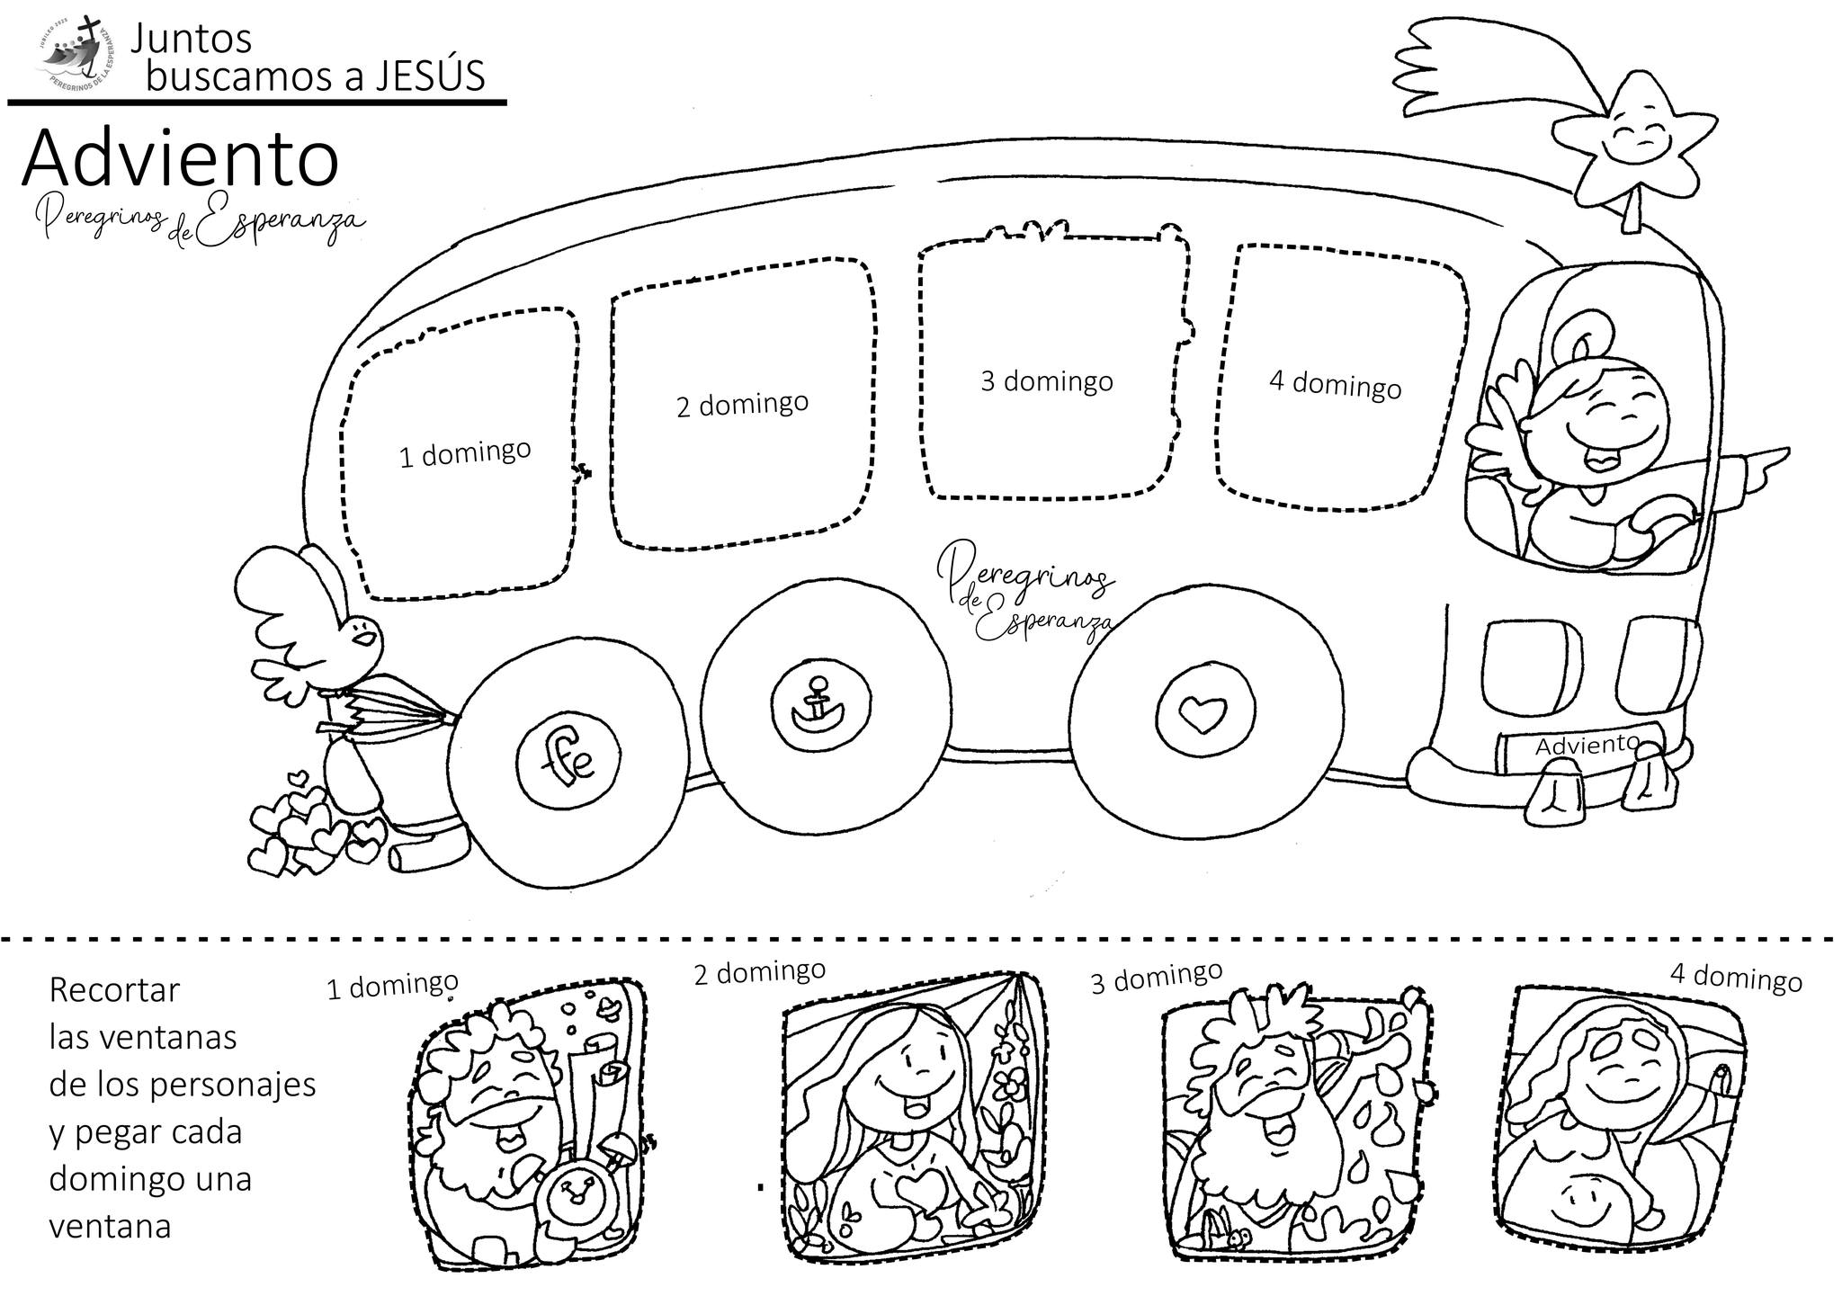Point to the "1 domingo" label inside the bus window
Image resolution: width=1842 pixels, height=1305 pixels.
(465, 453)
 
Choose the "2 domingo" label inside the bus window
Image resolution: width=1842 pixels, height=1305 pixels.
(742, 405)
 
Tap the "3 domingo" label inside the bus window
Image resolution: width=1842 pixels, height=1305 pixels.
(1046, 381)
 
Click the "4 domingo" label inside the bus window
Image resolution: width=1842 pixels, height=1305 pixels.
(1335, 384)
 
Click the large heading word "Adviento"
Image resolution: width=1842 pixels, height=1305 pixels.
(180, 160)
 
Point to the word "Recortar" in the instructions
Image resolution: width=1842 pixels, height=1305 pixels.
(114, 990)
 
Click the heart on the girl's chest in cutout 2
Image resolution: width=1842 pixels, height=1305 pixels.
(918, 1193)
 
